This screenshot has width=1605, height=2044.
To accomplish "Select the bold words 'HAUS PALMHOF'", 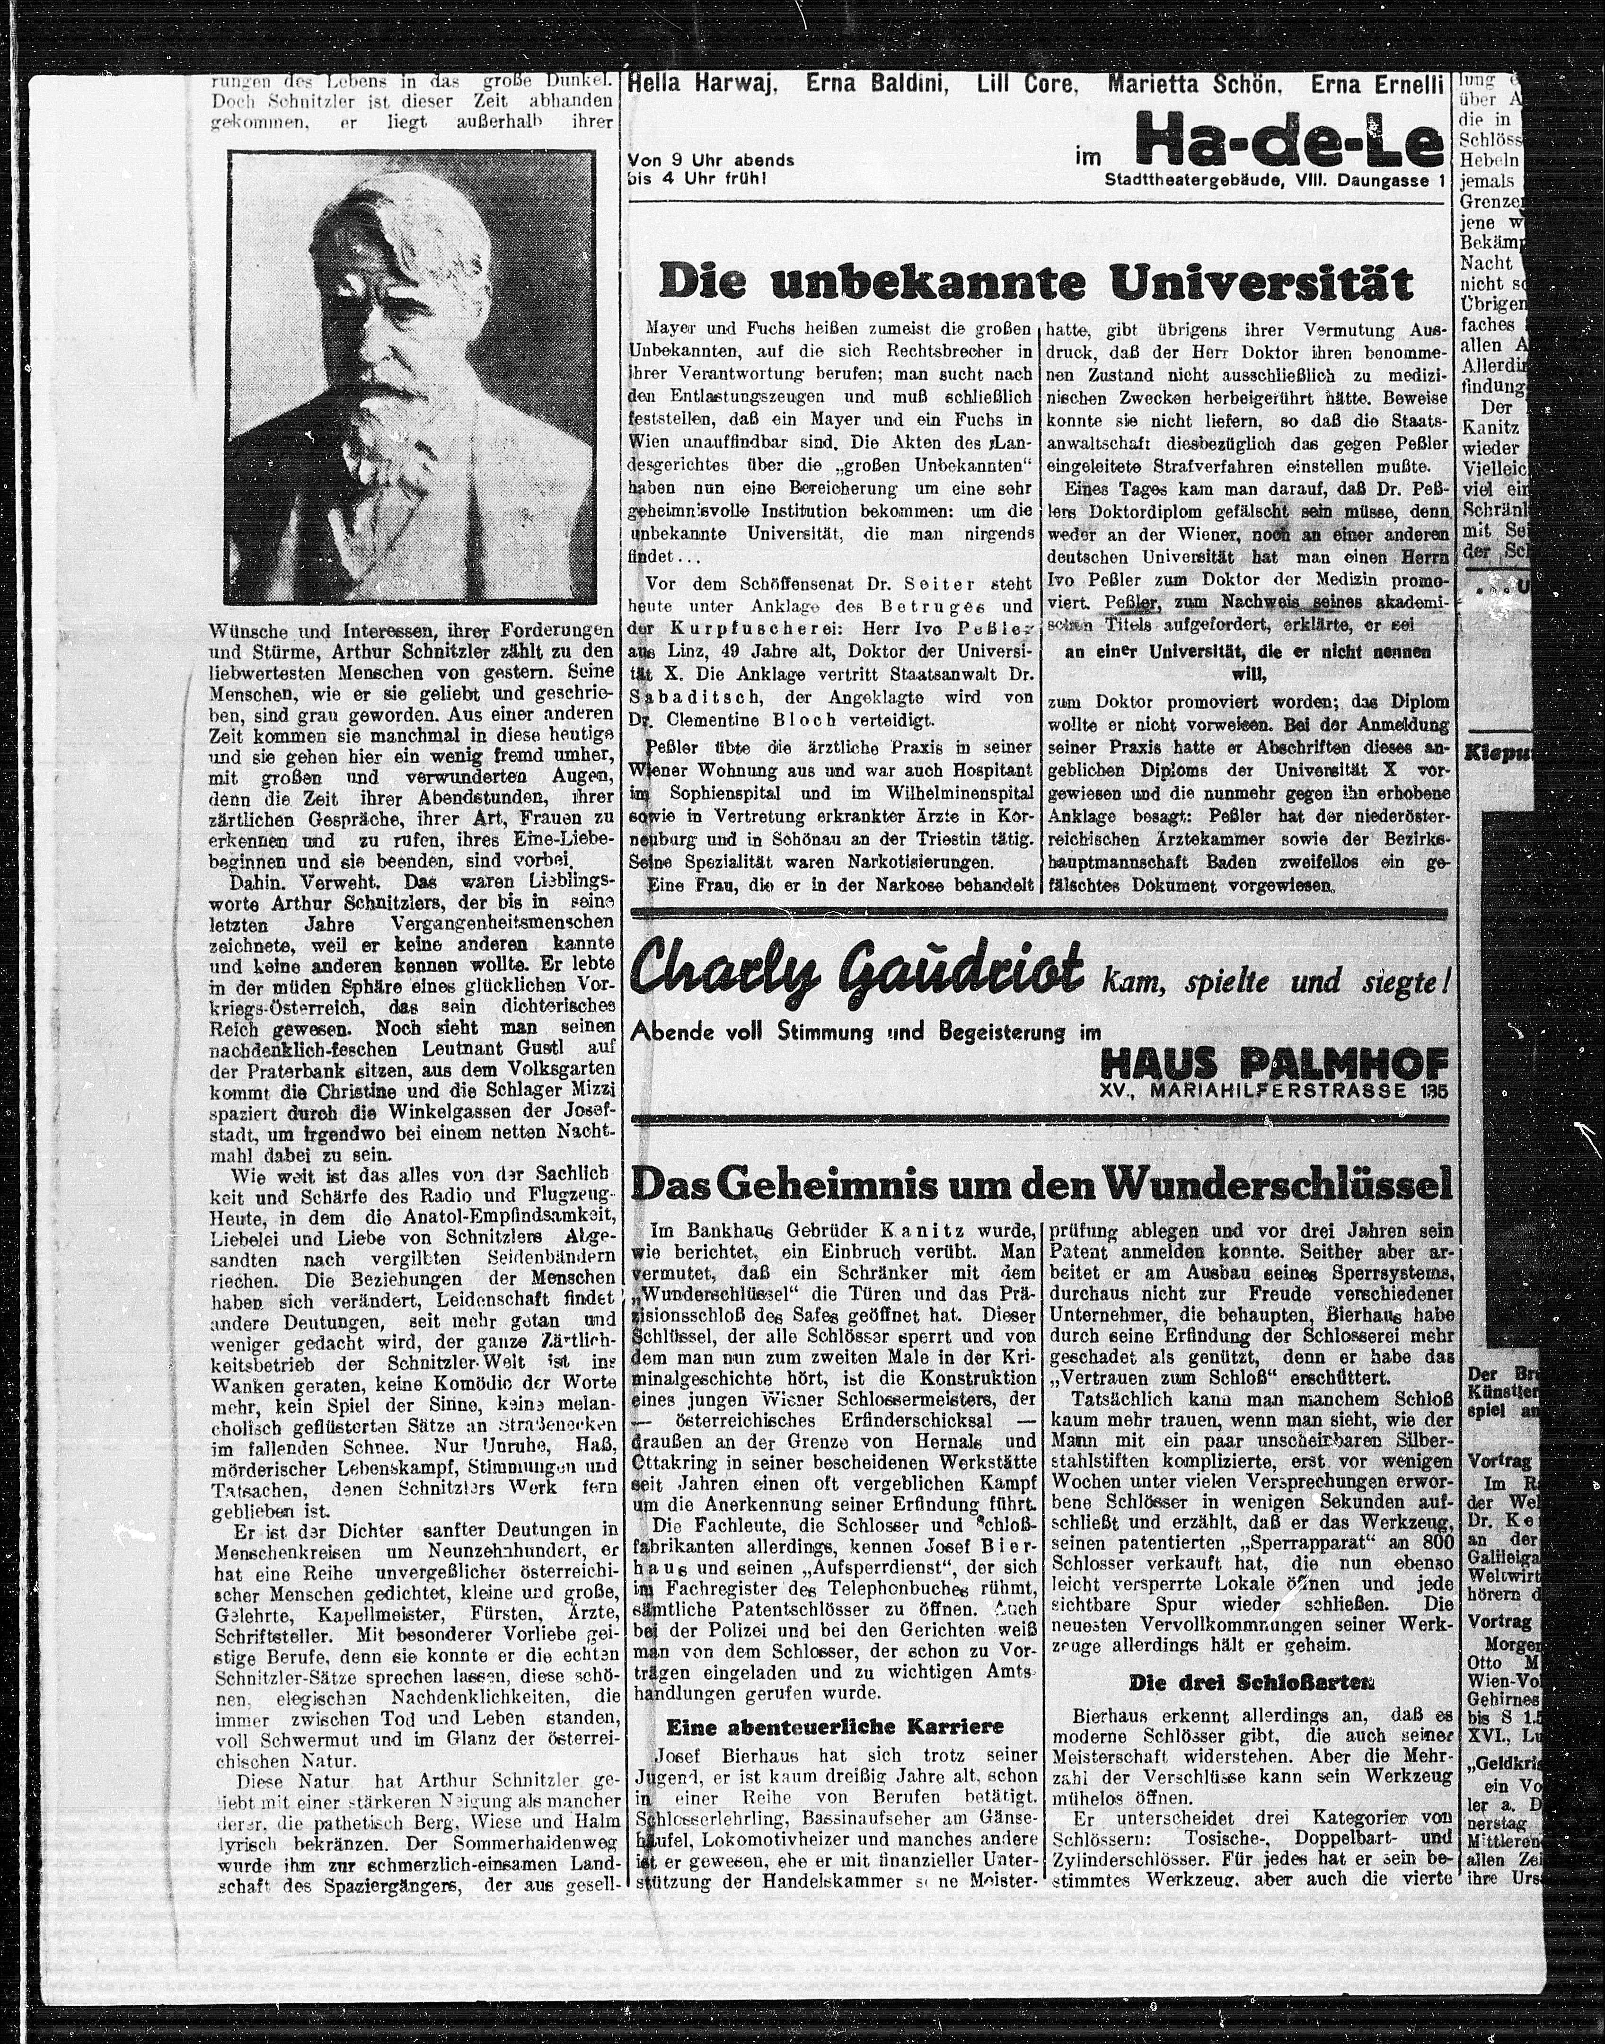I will [1274, 1065].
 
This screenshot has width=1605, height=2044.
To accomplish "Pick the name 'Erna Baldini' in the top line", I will [876, 86].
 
